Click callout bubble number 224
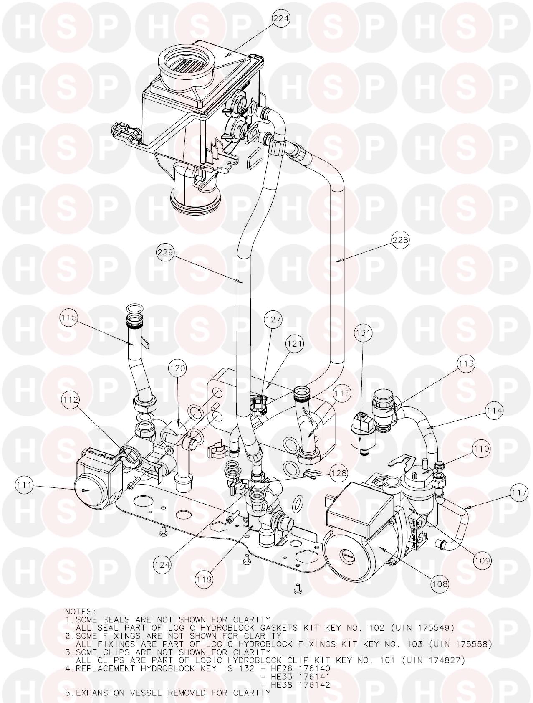(x=281, y=18)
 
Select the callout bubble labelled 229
(x=165, y=253)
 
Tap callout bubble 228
(x=400, y=240)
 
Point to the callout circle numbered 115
(x=68, y=318)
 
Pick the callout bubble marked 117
(x=519, y=493)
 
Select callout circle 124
(x=162, y=565)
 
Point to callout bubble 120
(x=178, y=368)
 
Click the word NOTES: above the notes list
(x=81, y=611)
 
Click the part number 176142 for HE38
(x=316, y=685)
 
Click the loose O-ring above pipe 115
(x=133, y=309)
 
